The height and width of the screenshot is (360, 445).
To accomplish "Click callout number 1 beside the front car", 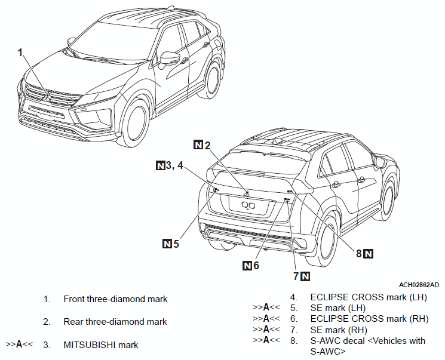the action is coord(20,53).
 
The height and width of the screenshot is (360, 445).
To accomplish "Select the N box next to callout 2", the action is coord(198,145).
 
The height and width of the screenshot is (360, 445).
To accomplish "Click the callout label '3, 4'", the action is coord(174,165).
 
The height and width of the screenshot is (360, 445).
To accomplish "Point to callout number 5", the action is coord(176,244).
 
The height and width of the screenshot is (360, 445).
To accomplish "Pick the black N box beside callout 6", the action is coord(247,266).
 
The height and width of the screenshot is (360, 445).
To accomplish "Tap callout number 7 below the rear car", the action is coord(296,276).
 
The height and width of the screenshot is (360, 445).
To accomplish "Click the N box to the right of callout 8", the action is coord(369,253).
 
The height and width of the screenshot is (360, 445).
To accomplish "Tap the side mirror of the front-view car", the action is coord(170,59).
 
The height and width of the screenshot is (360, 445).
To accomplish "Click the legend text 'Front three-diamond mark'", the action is coord(115,299).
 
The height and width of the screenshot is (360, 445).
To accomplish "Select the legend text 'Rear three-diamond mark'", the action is coord(115,322).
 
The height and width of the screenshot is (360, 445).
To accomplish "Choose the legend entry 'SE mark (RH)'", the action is coord(339,330).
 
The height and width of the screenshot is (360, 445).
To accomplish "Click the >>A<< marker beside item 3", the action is coord(19,344).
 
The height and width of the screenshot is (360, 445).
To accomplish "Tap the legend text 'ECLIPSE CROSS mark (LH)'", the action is coord(369,297).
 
